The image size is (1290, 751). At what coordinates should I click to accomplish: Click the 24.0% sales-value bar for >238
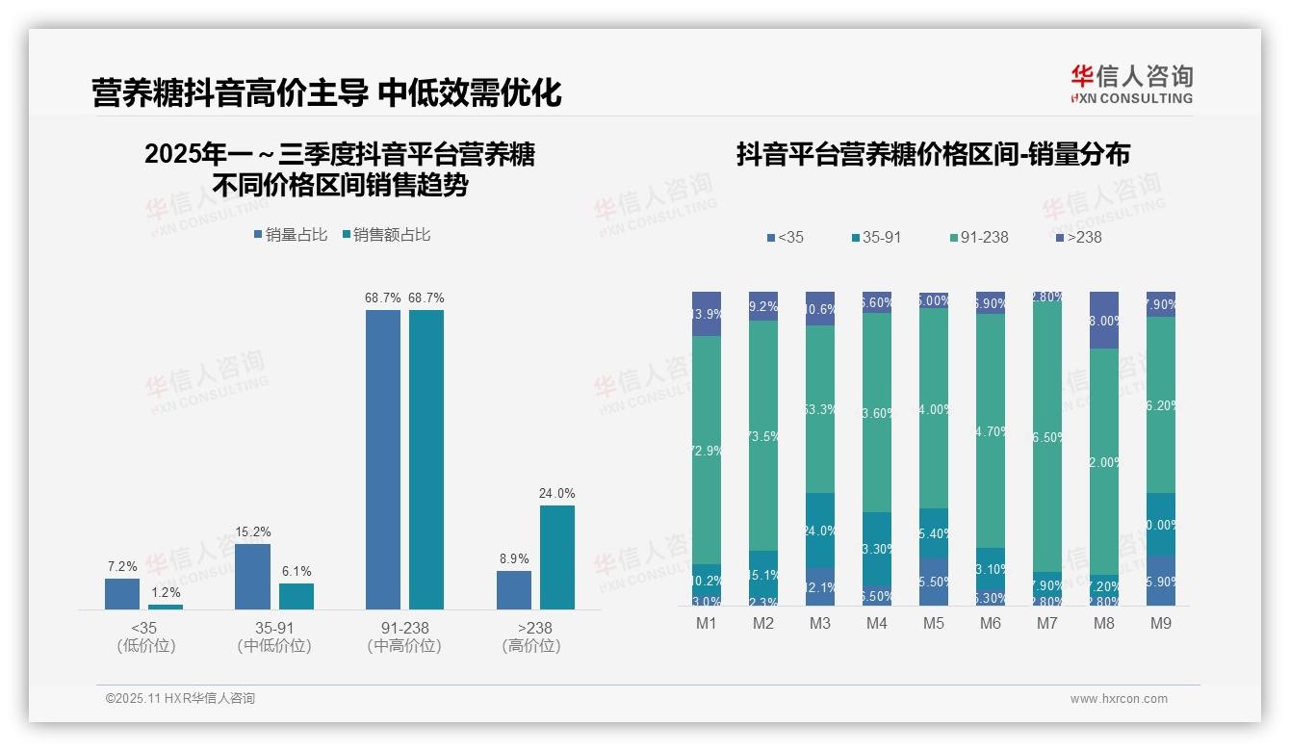(x=556, y=557)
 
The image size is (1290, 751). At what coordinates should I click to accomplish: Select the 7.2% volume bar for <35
(x=122, y=593)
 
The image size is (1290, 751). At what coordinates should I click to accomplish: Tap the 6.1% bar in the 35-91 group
(x=297, y=596)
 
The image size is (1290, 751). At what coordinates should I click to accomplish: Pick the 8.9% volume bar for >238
(x=514, y=589)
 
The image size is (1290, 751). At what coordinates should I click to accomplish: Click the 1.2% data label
(x=166, y=593)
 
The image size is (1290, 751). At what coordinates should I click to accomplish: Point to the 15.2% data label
(x=252, y=531)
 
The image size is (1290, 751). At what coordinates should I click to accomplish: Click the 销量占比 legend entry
(x=291, y=234)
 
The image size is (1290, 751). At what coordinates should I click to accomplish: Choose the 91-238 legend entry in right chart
(x=978, y=237)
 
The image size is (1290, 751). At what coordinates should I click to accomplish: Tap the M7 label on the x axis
(x=1046, y=623)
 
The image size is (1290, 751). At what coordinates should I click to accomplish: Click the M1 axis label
(x=707, y=623)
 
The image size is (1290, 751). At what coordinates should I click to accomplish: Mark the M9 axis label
(x=1160, y=623)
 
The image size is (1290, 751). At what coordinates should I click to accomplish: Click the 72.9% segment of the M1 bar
(x=707, y=450)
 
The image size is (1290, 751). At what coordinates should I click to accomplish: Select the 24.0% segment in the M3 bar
(x=820, y=531)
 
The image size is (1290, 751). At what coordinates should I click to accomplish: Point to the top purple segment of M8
(x=1104, y=320)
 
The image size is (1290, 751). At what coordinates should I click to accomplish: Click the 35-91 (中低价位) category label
(x=274, y=636)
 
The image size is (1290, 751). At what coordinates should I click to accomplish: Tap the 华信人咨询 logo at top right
(x=1131, y=84)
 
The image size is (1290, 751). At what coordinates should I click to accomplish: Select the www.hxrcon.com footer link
(x=1119, y=699)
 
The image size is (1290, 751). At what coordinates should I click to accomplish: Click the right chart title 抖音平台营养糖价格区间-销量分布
(x=933, y=154)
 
